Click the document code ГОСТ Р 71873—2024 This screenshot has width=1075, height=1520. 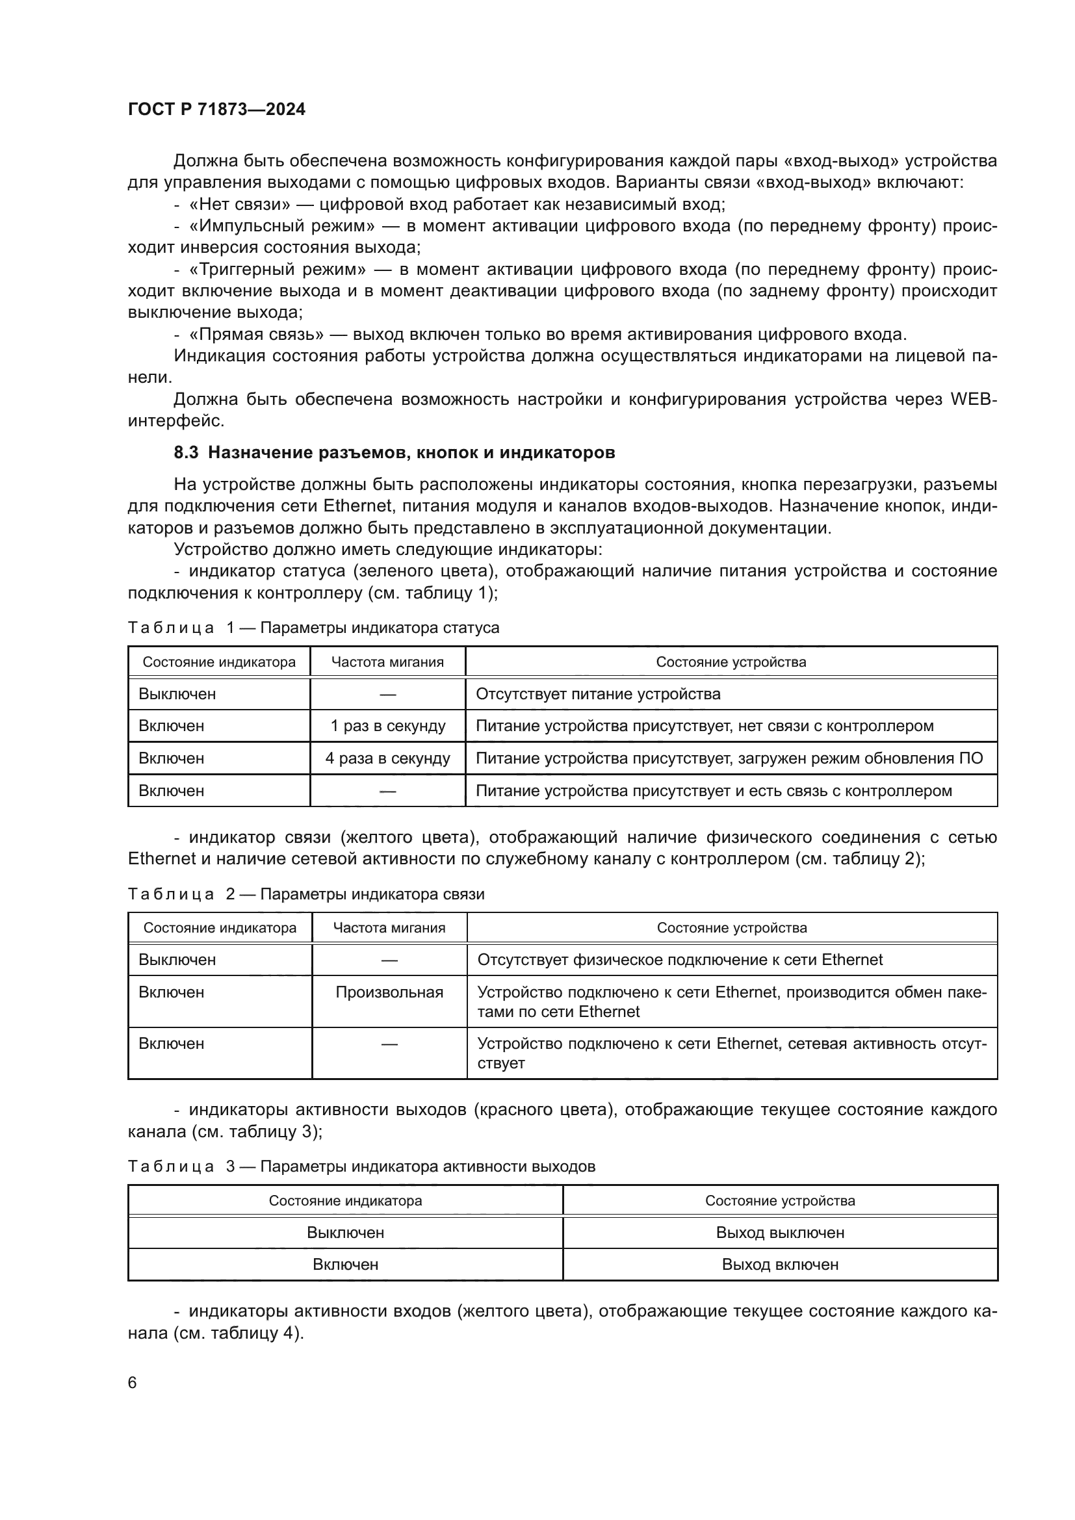click(x=216, y=110)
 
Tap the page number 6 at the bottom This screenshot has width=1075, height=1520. click(x=133, y=1382)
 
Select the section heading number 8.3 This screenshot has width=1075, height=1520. click(x=186, y=453)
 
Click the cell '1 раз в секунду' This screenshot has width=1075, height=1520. click(x=388, y=727)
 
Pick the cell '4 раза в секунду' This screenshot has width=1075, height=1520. click(x=388, y=758)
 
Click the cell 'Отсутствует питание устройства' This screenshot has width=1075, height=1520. click(x=598, y=695)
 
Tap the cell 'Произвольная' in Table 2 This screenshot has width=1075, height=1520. click(x=389, y=992)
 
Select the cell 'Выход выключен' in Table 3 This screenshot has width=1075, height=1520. click(x=780, y=1233)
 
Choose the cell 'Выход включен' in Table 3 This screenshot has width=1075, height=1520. click(x=780, y=1265)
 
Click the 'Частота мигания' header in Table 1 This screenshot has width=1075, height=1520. click(x=387, y=662)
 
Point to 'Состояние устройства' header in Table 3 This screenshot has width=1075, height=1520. click(x=780, y=1201)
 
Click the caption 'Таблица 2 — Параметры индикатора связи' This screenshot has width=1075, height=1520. click(x=306, y=894)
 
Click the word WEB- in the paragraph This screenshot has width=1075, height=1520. click(x=972, y=399)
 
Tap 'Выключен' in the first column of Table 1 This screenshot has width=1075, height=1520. click(x=177, y=695)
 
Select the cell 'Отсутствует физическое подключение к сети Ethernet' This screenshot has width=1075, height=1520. click(x=680, y=960)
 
